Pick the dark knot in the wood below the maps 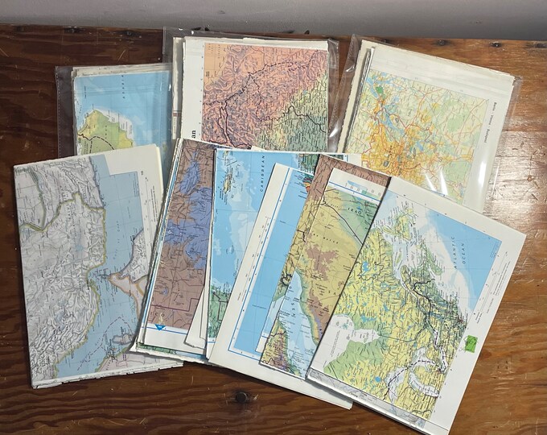pyautogui.click(x=241, y=396)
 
